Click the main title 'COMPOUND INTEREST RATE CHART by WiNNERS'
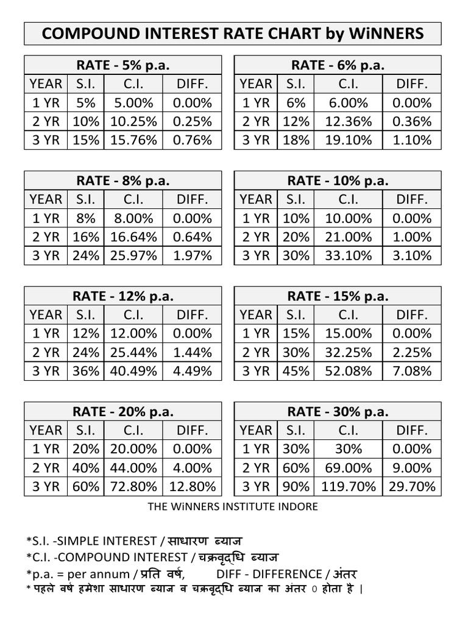(x=233, y=34)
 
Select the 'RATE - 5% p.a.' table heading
(x=122, y=65)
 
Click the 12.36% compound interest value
(x=349, y=121)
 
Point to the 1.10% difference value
(x=412, y=140)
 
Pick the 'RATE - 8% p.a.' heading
(x=122, y=180)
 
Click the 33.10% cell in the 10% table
(x=349, y=255)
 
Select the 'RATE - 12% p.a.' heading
(x=122, y=296)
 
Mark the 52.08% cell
(x=349, y=370)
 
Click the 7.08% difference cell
(x=412, y=370)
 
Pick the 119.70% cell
(x=349, y=486)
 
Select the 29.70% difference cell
(x=412, y=486)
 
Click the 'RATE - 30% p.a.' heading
(x=338, y=412)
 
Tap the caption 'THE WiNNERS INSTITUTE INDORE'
(x=233, y=506)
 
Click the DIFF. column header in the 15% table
(x=412, y=314)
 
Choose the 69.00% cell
(x=349, y=468)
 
